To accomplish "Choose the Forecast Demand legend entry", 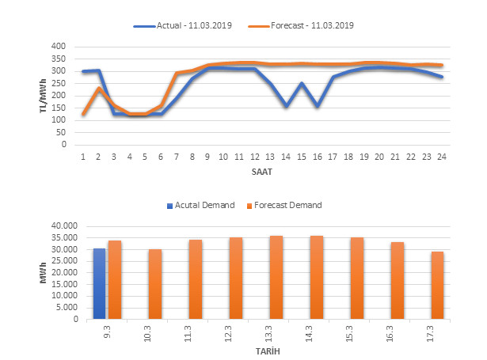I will pos(287,205).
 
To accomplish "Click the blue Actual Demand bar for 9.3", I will pos(100,284).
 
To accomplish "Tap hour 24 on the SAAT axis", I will pos(442,156).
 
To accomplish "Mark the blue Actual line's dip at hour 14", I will pos(287,106).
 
